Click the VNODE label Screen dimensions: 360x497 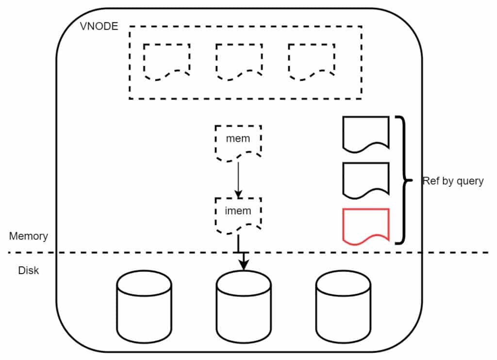tap(99, 26)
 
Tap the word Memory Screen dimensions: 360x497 tap(29, 236)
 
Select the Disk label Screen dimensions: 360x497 tap(28, 270)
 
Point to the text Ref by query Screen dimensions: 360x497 tap(453, 181)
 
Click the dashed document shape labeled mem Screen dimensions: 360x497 tap(238, 141)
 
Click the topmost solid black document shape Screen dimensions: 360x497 tap(366, 132)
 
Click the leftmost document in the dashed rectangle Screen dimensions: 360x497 tap(166, 61)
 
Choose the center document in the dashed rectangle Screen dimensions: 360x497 tap(239, 61)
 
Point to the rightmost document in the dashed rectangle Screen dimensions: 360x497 tap(311, 61)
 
